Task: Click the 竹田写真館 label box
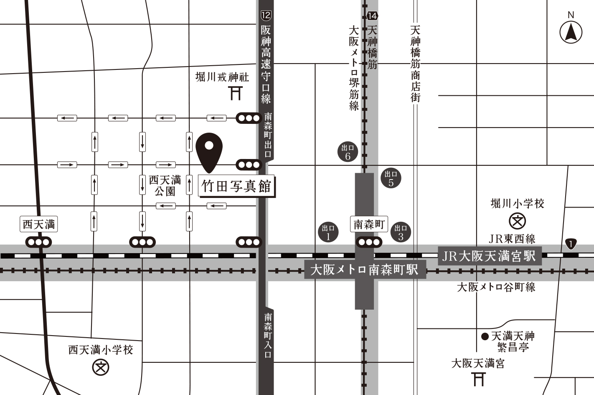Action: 236,186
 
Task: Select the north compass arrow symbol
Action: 571,32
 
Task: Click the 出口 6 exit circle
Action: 348,152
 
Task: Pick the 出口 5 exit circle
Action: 391,178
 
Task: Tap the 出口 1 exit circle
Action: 328,232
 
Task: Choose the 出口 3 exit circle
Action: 401,232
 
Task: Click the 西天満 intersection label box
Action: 39,224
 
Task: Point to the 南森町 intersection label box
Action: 369,224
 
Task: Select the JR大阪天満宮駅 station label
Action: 489,256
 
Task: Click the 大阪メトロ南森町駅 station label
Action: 365,269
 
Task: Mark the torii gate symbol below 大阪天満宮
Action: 479,379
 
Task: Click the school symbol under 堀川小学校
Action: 517,221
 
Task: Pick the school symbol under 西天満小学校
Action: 100,367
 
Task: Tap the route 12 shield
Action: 266,15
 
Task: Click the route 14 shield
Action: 372,16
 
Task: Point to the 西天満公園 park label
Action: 165,185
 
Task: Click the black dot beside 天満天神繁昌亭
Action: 485,336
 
